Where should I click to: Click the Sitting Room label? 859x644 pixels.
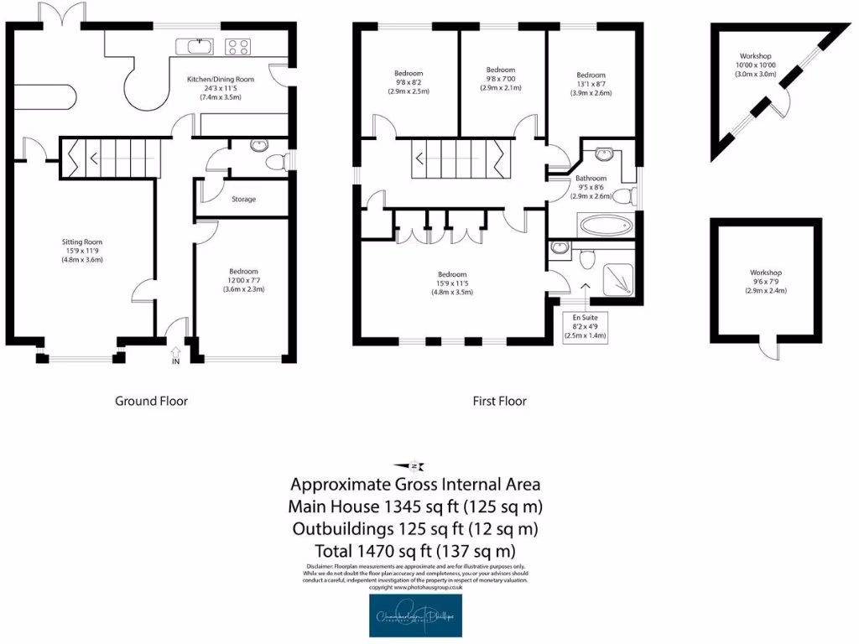click(x=80, y=251)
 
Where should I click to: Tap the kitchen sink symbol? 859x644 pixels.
click(x=195, y=45)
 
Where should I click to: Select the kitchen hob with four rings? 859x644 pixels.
click(x=238, y=46)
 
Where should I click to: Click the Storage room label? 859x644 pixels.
click(x=243, y=200)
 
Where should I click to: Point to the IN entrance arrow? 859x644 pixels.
click(x=176, y=356)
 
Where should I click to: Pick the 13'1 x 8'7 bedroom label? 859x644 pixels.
click(x=591, y=84)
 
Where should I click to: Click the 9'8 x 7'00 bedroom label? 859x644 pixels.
click(x=500, y=79)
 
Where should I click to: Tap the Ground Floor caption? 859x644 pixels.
click(x=151, y=401)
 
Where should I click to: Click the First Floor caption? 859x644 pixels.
click(x=499, y=401)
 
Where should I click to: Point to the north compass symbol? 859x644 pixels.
click(x=411, y=466)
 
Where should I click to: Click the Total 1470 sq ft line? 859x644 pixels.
click(x=414, y=551)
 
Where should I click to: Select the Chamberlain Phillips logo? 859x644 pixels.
click(x=415, y=616)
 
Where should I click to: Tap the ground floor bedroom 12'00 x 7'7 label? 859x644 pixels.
click(x=243, y=280)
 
